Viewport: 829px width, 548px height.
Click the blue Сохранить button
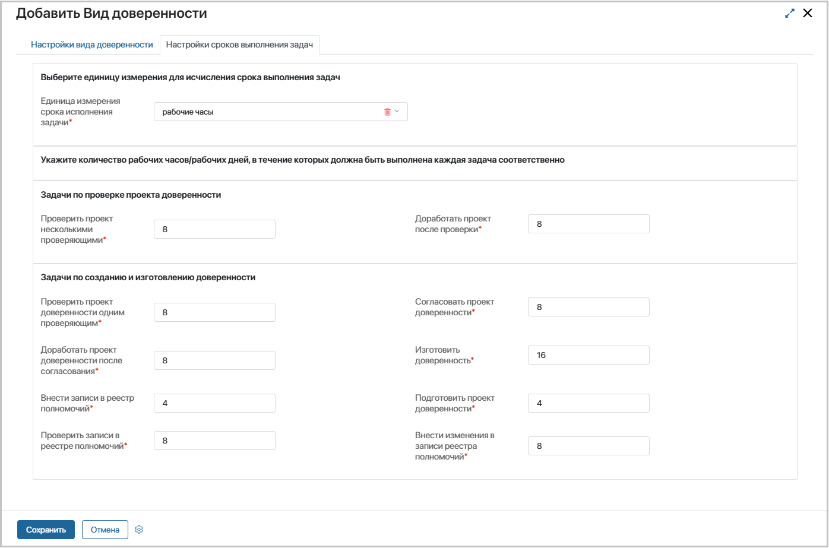46,530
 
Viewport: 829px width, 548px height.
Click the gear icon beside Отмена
139,530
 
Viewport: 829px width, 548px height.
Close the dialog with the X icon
808,13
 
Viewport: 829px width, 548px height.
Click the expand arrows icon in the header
789,13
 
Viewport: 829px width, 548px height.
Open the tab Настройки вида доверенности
92,45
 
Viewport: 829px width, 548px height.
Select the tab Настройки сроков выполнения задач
239,45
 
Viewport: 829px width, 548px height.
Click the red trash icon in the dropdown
387,112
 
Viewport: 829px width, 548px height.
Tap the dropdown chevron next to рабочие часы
397,112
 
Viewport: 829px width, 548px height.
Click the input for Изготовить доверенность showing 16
588,355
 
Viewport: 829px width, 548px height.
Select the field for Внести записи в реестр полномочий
214,403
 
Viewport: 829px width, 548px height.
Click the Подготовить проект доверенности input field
588,403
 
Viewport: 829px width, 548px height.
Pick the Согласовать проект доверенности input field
588,307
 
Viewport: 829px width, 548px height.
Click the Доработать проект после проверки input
588,224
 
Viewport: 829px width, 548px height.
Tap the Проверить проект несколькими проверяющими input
214,229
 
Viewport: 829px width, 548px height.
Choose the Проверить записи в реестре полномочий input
214,441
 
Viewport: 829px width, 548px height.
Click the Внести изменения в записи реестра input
588,446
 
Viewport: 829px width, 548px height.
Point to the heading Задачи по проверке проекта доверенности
131,195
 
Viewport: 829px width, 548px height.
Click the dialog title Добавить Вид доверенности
112,13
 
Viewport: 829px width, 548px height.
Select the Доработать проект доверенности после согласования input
214,360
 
